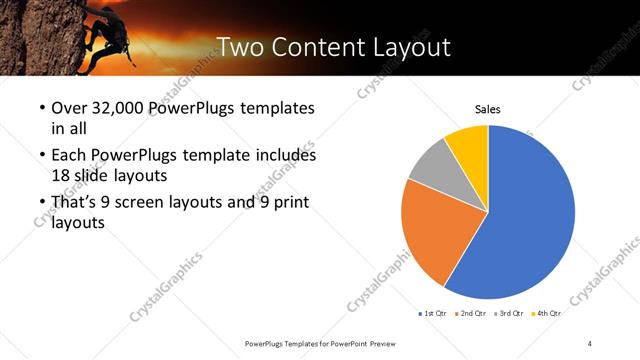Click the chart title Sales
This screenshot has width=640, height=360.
point(488,110)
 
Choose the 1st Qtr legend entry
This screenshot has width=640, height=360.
point(432,313)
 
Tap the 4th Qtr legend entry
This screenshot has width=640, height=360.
point(546,313)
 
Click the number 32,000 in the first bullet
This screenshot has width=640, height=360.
point(119,108)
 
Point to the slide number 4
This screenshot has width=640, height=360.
point(590,343)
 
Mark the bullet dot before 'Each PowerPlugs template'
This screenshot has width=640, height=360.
point(41,157)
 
